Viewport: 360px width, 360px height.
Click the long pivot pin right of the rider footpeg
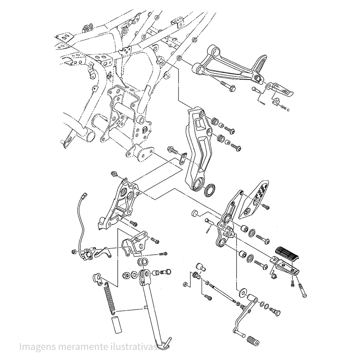pyautogui.click(x=302, y=289)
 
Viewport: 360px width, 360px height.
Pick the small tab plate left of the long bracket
pyautogui.click(x=184, y=157)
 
